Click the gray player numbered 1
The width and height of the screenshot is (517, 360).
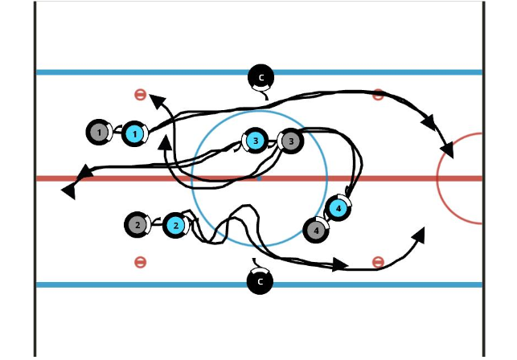pyautogui.click(x=98, y=132)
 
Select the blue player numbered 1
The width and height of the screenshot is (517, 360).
pyautogui.click(x=135, y=133)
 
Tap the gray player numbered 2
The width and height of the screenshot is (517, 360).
pyautogui.click(x=138, y=225)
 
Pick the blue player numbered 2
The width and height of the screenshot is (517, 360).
pyautogui.click(x=175, y=225)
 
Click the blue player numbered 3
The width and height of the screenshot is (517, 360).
pyautogui.click(x=255, y=141)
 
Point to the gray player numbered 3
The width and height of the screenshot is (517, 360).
pyautogui.click(x=290, y=141)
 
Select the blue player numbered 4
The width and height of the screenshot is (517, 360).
pyautogui.click(x=339, y=208)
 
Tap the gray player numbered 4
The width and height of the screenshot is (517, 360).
pyautogui.click(x=316, y=231)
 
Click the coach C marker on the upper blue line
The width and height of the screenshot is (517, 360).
pyautogui.click(x=261, y=77)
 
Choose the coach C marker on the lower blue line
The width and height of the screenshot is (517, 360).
pyautogui.click(x=260, y=281)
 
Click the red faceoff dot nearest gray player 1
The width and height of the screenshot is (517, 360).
pyautogui.click(x=140, y=95)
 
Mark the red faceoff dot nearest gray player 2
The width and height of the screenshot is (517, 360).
pyautogui.click(x=140, y=262)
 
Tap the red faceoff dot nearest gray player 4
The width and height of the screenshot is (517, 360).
pyautogui.click(x=378, y=262)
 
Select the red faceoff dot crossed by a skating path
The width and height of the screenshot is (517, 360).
pyautogui.click(x=378, y=95)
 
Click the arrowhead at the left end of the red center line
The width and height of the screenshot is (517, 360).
pyautogui.click(x=70, y=190)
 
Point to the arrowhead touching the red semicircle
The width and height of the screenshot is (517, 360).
pyautogui.click(x=446, y=149)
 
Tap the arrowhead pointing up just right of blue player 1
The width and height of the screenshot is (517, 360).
pyautogui.click(x=164, y=142)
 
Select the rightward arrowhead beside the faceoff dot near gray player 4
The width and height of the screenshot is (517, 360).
pyautogui.click(x=341, y=264)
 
